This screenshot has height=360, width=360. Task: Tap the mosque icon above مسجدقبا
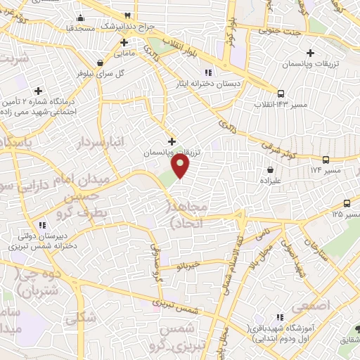tap(81, 18)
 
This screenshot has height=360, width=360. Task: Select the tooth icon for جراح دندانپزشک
tap(128, 15)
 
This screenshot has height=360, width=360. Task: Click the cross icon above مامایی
tap(124, 42)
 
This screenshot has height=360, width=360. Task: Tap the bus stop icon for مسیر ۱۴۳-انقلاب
tap(281, 93)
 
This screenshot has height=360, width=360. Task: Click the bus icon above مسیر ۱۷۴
tap(326, 160)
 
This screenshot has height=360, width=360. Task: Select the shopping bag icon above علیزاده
tap(271, 169)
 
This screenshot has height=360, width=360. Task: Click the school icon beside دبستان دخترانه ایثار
tap(207, 72)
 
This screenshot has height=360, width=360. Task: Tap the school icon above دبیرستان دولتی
tap(43, 225)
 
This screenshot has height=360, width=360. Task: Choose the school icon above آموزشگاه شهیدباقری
tap(281, 318)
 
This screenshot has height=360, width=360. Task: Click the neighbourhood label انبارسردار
tap(118, 141)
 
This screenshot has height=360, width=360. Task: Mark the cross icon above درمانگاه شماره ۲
tap(39, 91)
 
